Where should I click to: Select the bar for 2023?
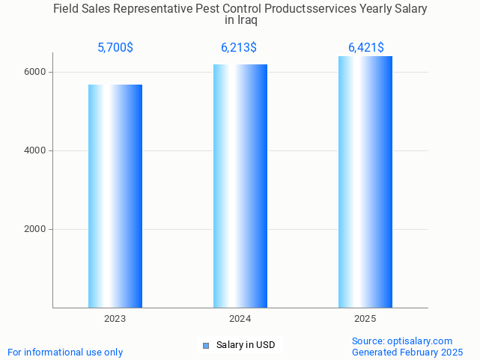pyautogui.click(x=115, y=196)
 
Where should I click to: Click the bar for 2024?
pyautogui.click(x=240, y=186)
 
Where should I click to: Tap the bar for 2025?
pyautogui.click(x=365, y=182)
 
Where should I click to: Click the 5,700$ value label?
pyautogui.click(x=115, y=48)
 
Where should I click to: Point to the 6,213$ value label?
pyautogui.click(x=239, y=48)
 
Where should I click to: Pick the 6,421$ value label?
pyautogui.click(x=366, y=48)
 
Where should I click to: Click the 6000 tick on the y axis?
pyautogui.click(x=35, y=72)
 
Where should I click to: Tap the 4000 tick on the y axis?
pyautogui.click(x=35, y=150)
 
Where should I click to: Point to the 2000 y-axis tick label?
pyautogui.click(x=35, y=229)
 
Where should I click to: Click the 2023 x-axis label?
pyautogui.click(x=115, y=319)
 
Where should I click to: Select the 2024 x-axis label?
pyautogui.click(x=240, y=319)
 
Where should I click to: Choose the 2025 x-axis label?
pyautogui.click(x=365, y=319)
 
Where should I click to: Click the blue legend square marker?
pyautogui.click(x=206, y=345)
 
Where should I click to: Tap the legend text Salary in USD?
pyautogui.click(x=246, y=345)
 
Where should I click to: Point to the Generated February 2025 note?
pyautogui.click(x=407, y=352)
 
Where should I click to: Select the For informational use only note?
pyautogui.click(x=65, y=352)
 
